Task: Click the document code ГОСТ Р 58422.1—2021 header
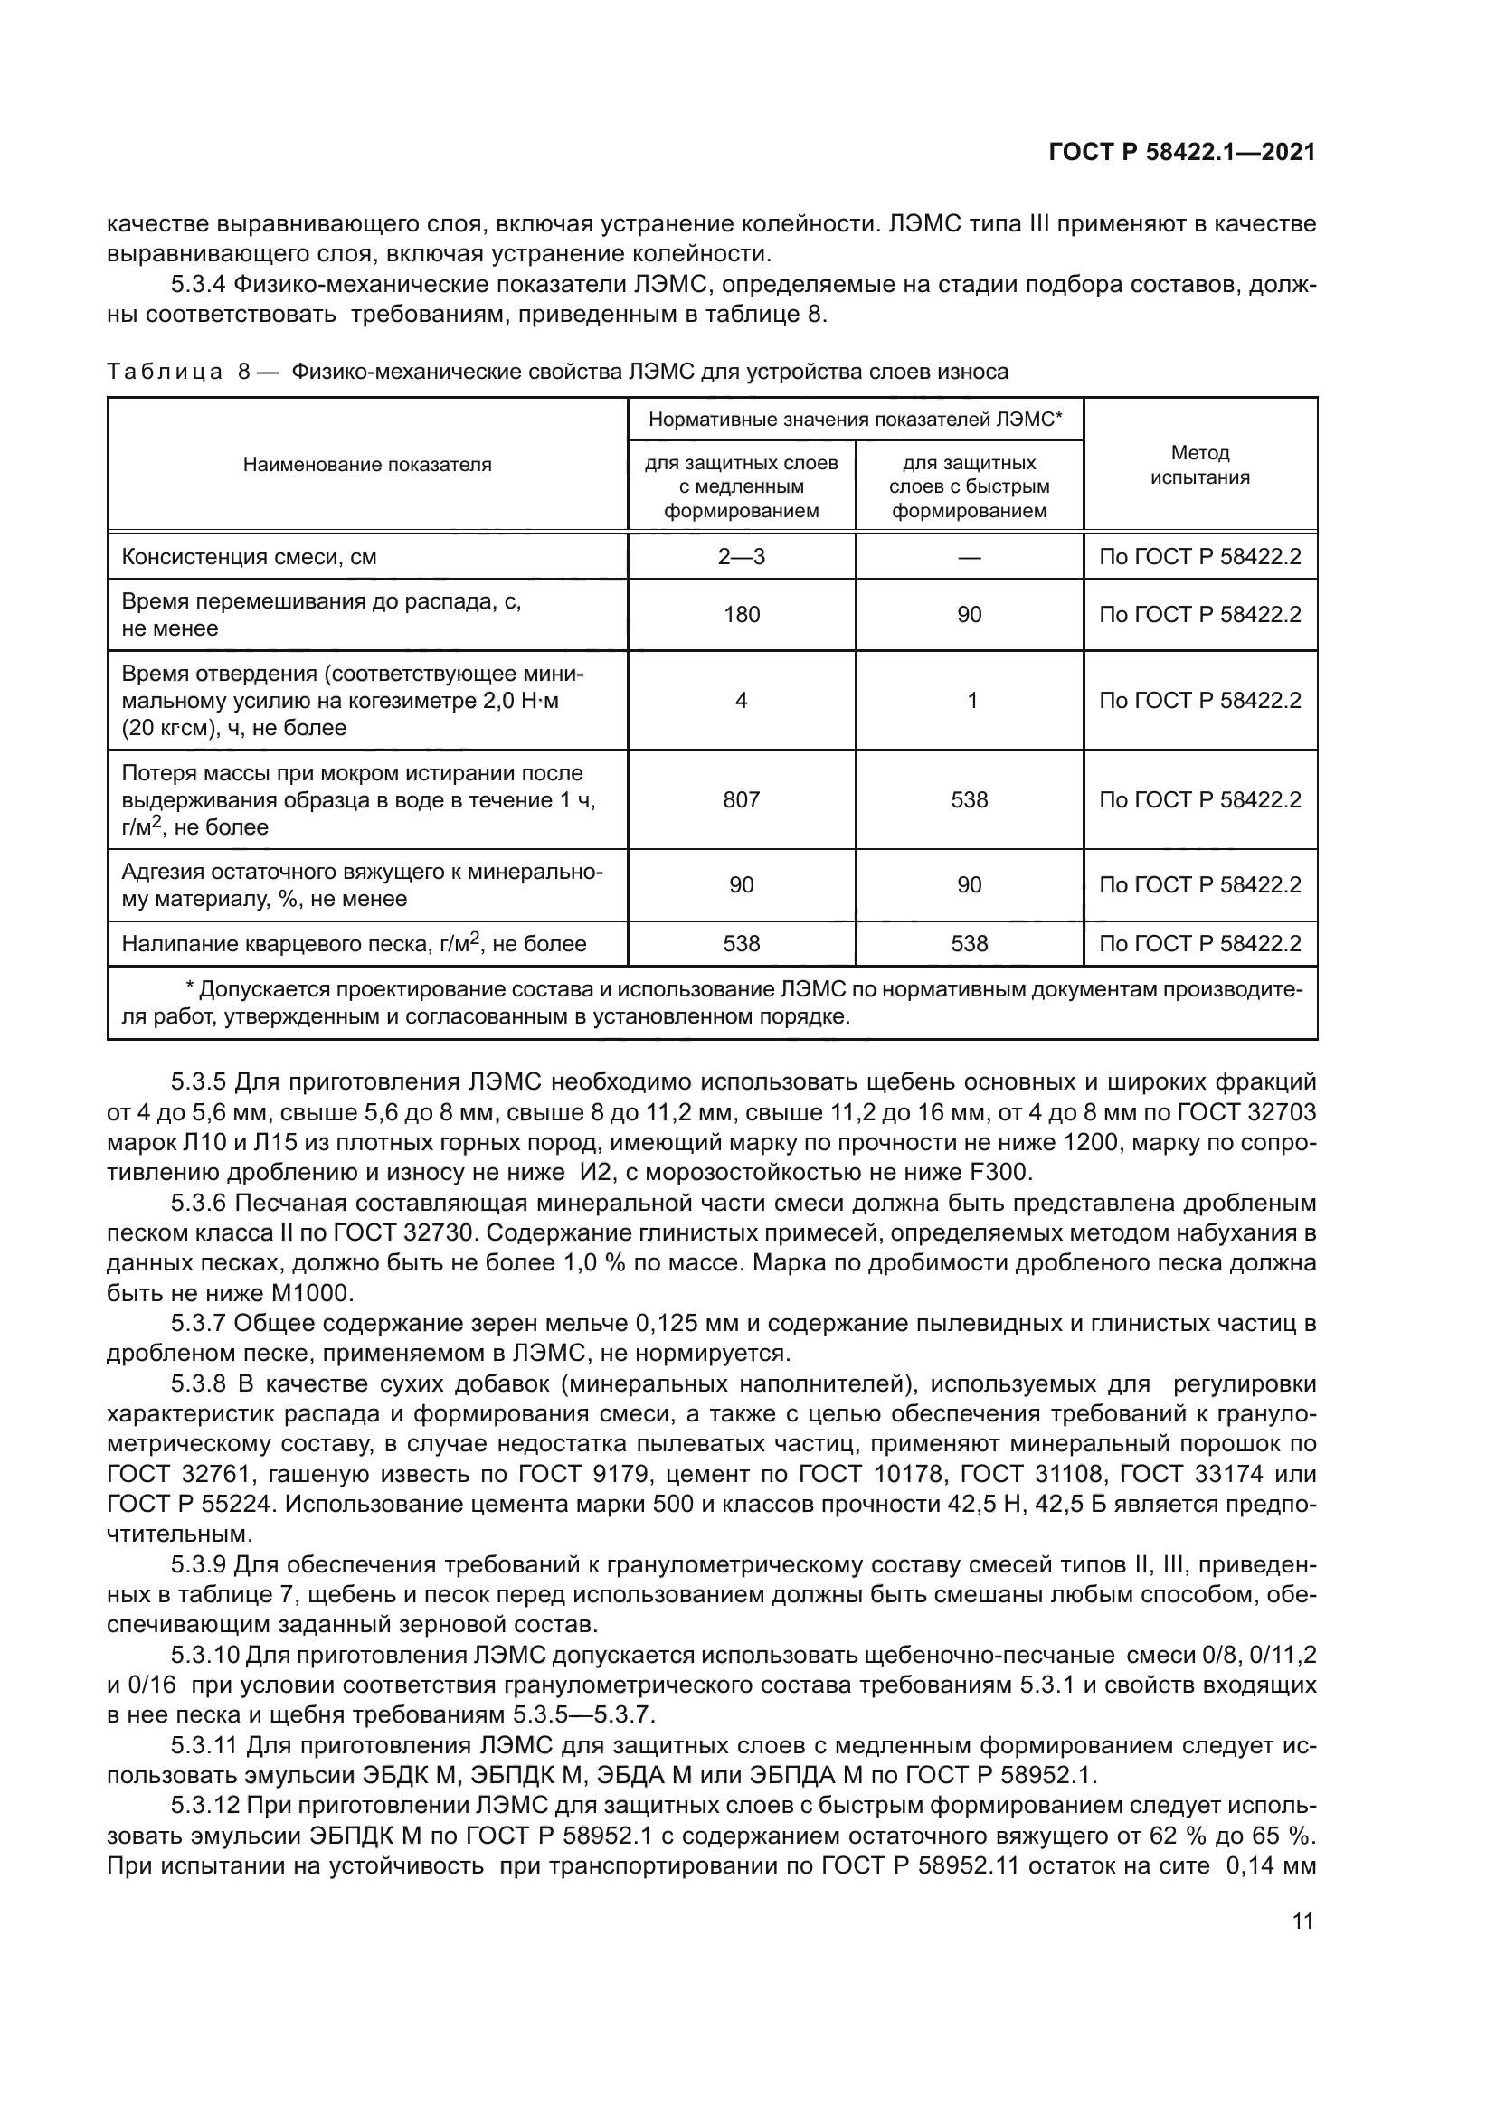[x=1182, y=153]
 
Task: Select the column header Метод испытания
[x=1199, y=464]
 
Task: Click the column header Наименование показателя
[x=366, y=464]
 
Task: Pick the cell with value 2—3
[x=741, y=556]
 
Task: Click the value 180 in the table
[x=741, y=614]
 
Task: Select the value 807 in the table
[x=741, y=799]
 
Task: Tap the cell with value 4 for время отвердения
[x=741, y=700]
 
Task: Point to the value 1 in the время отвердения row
[x=971, y=700]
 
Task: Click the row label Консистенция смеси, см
[x=250, y=557]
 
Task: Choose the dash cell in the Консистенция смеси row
[x=969, y=556]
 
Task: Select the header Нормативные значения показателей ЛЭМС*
[x=855, y=420]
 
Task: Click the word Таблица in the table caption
[x=165, y=373]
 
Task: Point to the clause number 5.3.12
[x=204, y=1807]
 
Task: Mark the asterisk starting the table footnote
[x=190, y=989]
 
